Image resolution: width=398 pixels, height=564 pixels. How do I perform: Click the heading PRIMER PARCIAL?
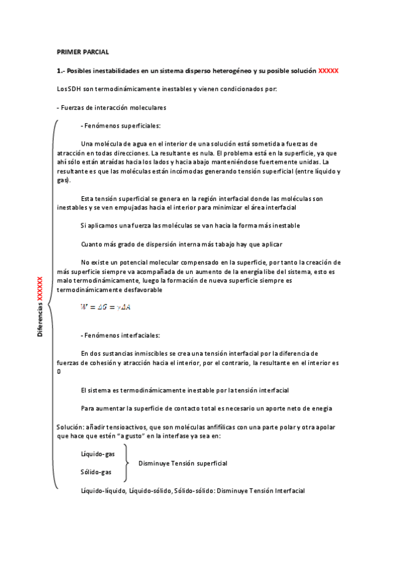pyautogui.click(x=82, y=52)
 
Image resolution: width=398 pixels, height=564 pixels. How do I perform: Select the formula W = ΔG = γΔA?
pyautogui.click(x=105, y=307)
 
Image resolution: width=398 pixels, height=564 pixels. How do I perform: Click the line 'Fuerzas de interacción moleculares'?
pyautogui.click(x=112, y=108)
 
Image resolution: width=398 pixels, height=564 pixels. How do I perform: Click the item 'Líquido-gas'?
pyautogui.click(x=98, y=453)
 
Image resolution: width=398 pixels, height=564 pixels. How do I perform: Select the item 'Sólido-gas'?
pyautogui.click(x=96, y=472)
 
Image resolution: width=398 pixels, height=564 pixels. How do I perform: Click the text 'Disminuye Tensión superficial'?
pyautogui.click(x=183, y=463)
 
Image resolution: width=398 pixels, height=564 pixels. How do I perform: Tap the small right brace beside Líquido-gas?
pyautogui.click(x=126, y=462)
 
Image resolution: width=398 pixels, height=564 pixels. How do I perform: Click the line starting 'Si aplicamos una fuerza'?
pyautogui.click(x=190, y=226)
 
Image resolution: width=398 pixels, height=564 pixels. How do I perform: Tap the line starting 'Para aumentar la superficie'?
pyautogui.click(x=206, y=408)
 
